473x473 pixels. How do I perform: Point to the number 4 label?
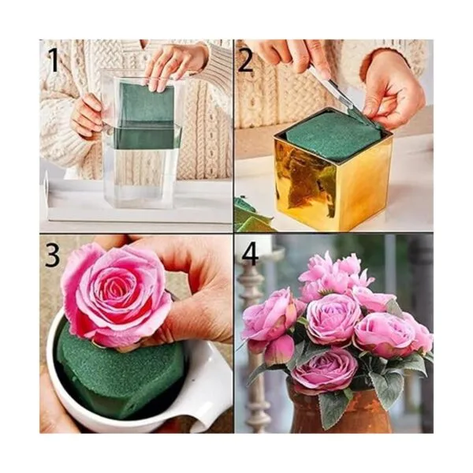(x=250, y=253)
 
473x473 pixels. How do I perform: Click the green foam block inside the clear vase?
(x=145, y=116)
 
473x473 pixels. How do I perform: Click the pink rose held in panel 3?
(x=116, y=294)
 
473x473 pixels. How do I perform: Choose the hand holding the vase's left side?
(x=88, y=116)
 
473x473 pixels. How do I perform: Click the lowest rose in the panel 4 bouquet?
(x=324, y=370)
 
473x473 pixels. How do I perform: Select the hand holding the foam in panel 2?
(x=392, y=88)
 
